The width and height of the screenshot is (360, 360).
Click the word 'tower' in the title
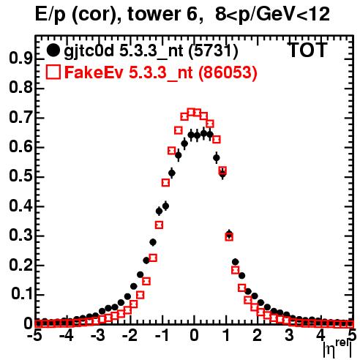(149, 14)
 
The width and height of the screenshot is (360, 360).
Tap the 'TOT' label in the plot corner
(308, 50)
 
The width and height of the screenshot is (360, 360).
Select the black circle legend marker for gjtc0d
(53, 50)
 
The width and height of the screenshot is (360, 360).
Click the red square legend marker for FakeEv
(53, 72)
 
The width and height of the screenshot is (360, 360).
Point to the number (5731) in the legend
(214, 51)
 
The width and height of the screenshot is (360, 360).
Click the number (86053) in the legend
(228, 72)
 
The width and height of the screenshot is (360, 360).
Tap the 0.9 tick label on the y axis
(20, 59)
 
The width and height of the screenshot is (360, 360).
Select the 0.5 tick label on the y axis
(20, 176)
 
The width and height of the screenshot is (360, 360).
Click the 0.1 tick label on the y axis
(22, 294)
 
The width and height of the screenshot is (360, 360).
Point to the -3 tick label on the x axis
(98, 336)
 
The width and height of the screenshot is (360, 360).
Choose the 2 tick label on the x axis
(258, 336)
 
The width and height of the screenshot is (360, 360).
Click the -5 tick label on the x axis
(34, 336)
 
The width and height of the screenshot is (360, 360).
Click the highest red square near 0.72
(191, 113)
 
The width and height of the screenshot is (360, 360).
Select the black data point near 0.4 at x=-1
(165, 206)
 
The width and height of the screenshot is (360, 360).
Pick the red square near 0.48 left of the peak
(165, 182)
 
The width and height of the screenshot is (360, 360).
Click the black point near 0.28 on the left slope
(153, 242)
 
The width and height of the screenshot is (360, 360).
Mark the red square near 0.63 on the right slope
(217, 140)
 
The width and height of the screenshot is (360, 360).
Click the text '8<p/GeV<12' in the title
(272, 14)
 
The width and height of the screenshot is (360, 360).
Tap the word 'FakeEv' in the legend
(94, 72)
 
